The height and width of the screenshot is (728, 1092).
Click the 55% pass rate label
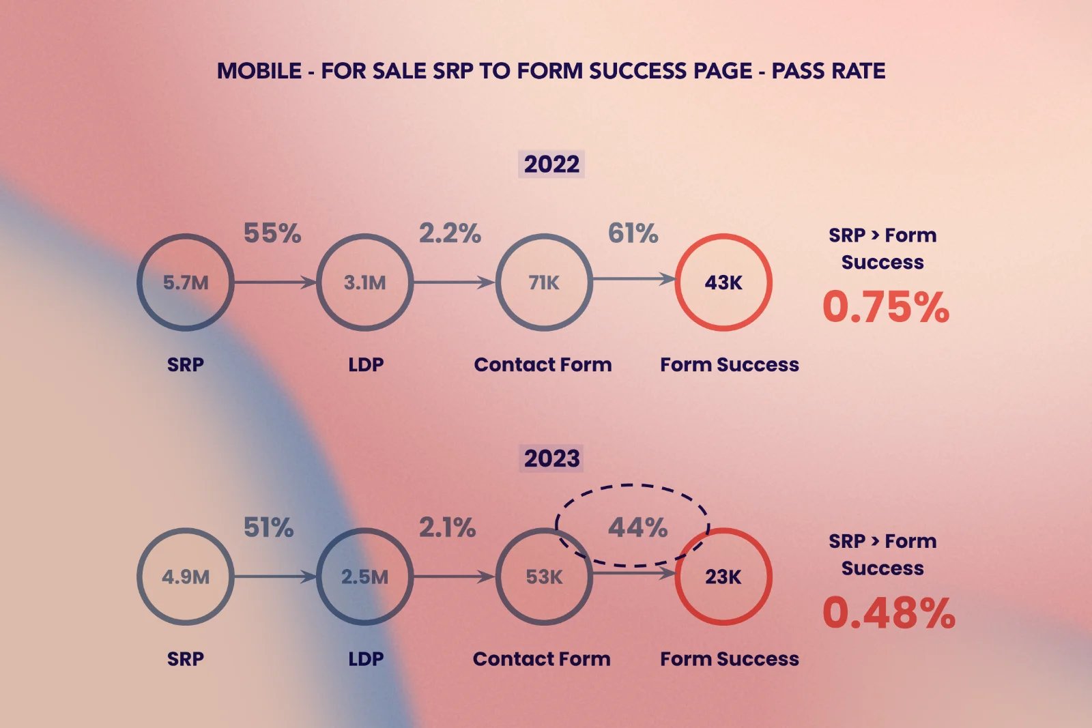[272, 233]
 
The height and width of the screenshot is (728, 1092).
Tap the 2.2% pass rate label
[450, 233]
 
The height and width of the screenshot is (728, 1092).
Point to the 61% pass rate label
[633, 233]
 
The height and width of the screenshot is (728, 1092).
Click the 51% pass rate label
[269, 527]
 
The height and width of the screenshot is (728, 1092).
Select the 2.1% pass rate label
[447, 527]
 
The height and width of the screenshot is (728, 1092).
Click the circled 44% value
[637, 527]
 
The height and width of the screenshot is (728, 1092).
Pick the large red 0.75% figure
[886, 306]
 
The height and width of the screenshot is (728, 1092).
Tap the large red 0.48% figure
[889, 613]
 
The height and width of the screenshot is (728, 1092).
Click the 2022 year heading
[551, 164]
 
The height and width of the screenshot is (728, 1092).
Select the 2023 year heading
[551, 458]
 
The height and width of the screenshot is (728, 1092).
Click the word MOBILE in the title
[259, 71]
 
